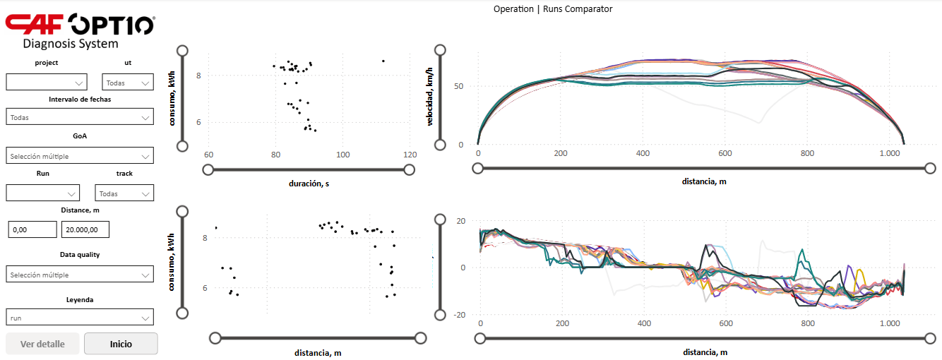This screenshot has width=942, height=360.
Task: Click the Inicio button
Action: click(x=121, y=344)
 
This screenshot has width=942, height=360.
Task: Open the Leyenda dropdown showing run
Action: click(x=80, y=317)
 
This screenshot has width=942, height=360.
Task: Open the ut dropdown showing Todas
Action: click(x=127, y=82)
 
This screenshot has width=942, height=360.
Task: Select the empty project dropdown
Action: click(x=47, y=82)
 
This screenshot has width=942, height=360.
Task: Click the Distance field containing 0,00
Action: click(x=32, y=229)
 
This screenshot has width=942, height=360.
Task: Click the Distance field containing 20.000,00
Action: click(x=85, y=229)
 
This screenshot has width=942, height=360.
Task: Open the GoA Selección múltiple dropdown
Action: click(x=80, y=155)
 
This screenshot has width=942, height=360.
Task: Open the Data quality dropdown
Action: click(x=80, y=274)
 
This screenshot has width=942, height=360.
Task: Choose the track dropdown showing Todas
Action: click(x=124, y=193)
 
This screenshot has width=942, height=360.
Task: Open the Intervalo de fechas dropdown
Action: click(x=80, y=117)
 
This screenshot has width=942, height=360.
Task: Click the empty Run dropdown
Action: click(x=42, y=193)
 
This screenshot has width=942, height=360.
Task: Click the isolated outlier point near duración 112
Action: click(x=383, y=61)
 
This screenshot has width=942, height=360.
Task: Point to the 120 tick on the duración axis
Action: click(x=410, y=155)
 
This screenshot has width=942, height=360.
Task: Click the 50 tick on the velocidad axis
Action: click(x=458, y=86)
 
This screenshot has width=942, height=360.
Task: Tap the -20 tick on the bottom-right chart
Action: click(x=459, y=315)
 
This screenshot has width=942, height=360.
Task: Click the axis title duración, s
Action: click(x=309, y=184)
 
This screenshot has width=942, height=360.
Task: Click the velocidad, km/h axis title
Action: click(x=429, y=96)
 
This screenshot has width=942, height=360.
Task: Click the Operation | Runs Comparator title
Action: click(x=553, y=9)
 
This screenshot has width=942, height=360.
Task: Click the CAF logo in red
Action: click(x=34, y=24)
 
